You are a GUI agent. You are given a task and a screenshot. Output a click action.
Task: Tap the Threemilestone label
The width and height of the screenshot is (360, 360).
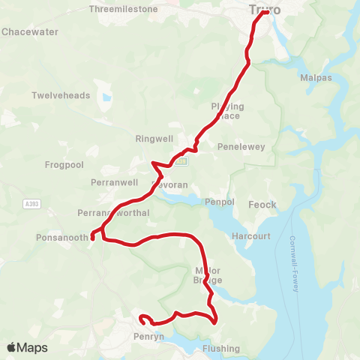click(123, 9)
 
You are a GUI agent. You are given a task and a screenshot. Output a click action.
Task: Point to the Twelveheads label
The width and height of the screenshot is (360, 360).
click(61, 96)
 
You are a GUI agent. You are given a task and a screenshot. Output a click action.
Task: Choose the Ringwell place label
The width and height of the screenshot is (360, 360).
click(154, 139)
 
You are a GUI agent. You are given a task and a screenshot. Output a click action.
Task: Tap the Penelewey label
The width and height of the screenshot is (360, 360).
click(241, 147)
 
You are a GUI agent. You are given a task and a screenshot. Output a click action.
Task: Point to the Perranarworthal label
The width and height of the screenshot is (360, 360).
click(118, 213)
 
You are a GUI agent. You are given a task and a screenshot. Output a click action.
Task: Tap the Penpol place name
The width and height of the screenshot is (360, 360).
click(220, 202)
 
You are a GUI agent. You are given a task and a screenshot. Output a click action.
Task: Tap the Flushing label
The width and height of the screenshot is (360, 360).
click(221, 349)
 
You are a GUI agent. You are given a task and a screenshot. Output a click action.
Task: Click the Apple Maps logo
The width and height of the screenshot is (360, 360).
click(27, 347)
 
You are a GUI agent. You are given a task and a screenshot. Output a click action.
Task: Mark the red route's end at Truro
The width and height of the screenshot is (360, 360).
click(267, 11)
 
